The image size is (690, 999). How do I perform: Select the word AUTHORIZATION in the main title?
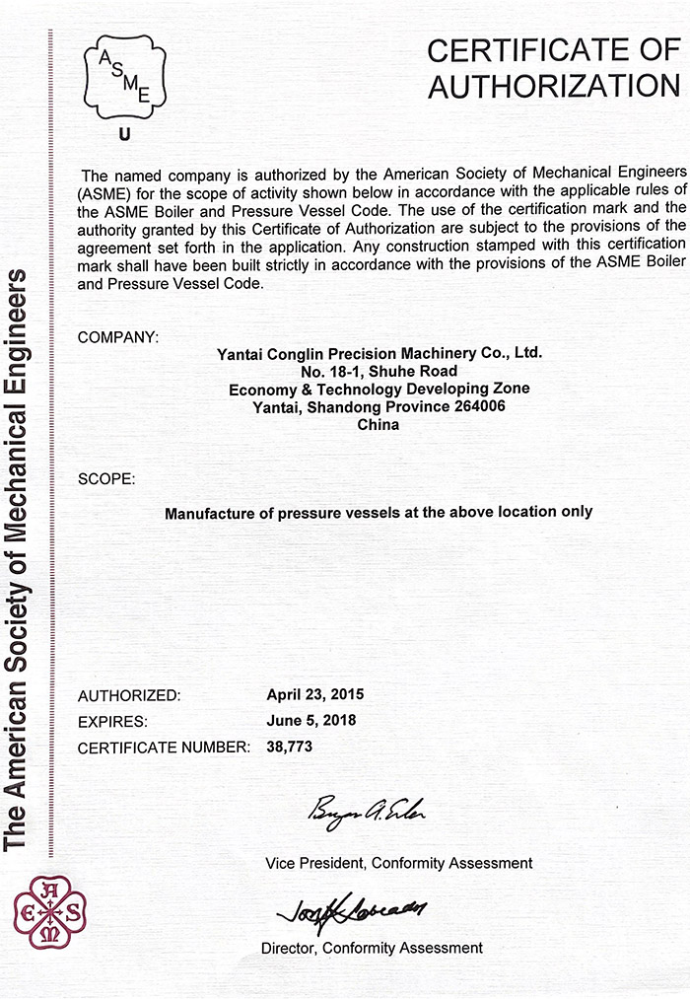(x=554, y=86)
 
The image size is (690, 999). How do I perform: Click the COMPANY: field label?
(x=117, y=337)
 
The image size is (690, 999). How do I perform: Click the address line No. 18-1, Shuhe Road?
(x=379, y=371)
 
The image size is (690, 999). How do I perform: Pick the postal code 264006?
(x=477, y=406)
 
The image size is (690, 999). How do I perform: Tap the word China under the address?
(x=379, y=425)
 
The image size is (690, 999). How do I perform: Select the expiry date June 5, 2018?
(x=311, y=720)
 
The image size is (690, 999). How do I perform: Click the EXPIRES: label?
(x=112, y=721)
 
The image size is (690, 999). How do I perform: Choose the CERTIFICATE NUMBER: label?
(x=164, y=748)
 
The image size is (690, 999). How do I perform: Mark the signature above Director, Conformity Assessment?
(x=350, y=908)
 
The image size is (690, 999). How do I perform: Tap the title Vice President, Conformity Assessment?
(x=398, y=863)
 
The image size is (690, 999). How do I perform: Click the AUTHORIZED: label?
(x=129, y=694)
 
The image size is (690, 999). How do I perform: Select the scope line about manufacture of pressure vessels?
(x=379, y=512)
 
